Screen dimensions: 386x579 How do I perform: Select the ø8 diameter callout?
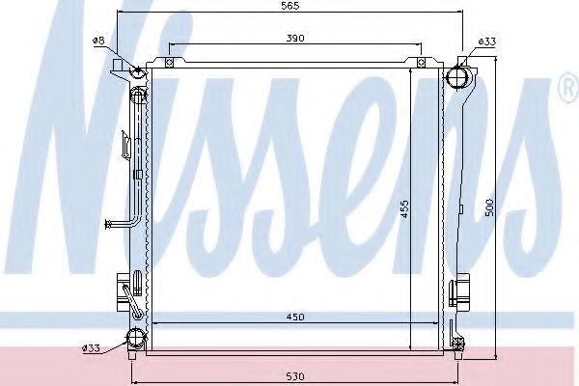tap(98, 41)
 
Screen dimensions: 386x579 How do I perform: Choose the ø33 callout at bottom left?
tap(91, 347)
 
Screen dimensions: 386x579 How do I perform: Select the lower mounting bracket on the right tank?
tap(461, 290)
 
